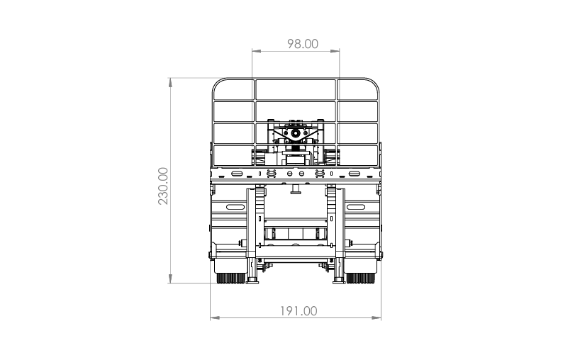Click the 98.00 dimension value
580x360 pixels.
[303, 44]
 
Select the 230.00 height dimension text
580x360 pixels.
[163, 186]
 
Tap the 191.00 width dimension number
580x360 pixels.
[299, 311]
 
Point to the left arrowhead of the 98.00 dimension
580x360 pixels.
[257, 51]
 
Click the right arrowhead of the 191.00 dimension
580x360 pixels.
[377, 317]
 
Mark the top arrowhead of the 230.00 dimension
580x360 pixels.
[170, 82]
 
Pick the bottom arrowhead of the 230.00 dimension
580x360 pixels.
[170, 279]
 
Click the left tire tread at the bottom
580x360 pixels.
[230, 279]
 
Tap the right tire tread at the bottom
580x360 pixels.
[360, 279]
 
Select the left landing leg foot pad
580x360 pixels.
[252, 282]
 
